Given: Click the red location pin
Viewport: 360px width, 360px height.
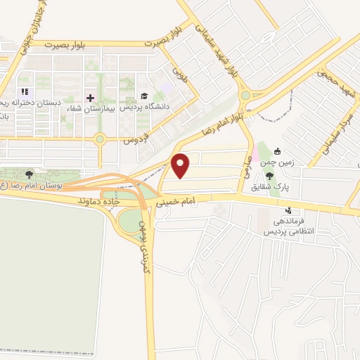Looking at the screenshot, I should (181, 165).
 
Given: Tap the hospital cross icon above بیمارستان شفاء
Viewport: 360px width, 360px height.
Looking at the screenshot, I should (90, 96).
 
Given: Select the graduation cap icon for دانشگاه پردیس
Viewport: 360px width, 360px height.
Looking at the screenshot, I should (144, 96).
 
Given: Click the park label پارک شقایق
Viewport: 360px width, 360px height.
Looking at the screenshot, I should (269, 187).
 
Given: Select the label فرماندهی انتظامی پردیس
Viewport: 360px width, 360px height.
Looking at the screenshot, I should (288, 225).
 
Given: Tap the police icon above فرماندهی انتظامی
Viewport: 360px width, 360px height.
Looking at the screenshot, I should (288, 210).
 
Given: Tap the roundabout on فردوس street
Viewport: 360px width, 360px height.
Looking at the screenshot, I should (101, 139).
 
